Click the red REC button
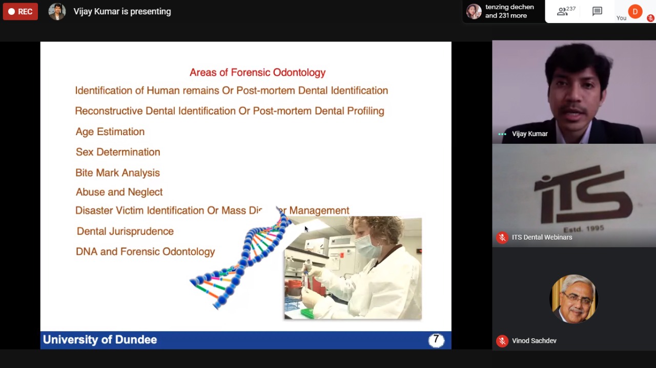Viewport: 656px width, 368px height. tap(20, 11)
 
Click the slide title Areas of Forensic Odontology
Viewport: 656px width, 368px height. tap(257, 73)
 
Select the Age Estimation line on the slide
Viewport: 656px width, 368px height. tap(110, 132)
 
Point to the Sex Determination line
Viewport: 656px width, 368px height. tap(118, 152)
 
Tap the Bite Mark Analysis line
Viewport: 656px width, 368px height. tap(118, 172)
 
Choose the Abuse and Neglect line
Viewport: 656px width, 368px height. tap(119, 192)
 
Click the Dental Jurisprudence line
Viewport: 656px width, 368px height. tap(125, 231)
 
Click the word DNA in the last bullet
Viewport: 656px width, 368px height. tap(87, 252)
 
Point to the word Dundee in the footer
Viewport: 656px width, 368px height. tap(136, 340)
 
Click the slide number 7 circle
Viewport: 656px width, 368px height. tap(436, 340)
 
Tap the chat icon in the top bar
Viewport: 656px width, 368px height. tap(597, 12)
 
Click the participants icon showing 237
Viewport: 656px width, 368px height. tap(566, 11)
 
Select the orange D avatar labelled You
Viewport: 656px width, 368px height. tap(635, 11)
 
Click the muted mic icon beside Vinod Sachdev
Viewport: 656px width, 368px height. tap(502, 341)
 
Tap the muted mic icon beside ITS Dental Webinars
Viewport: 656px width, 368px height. tap(502, 237)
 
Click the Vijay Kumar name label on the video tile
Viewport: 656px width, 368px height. tap(530, 134)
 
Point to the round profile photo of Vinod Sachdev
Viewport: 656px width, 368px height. tap(573, 299)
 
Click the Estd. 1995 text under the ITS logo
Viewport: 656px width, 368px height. tap(584, 228)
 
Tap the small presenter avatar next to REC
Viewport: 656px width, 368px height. tap(57, 12)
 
